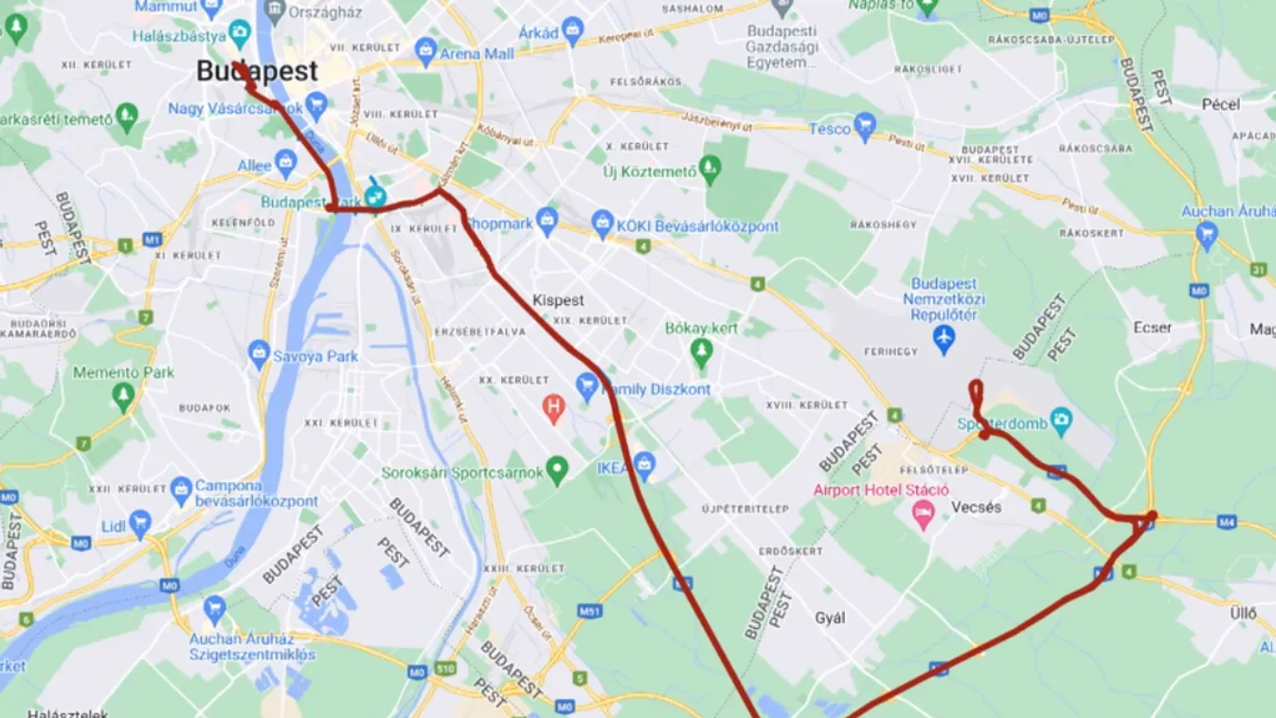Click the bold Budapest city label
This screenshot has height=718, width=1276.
click(257, 71)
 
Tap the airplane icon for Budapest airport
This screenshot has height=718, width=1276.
click(944, 338)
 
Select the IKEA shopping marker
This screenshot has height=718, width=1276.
click(644, 464)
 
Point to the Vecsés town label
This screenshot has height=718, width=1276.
click(975, 508)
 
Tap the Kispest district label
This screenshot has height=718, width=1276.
click(558, 300)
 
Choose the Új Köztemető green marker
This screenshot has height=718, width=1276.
click(710, 171)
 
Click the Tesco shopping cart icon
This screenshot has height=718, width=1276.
click(864, 126)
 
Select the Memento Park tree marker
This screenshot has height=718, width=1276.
click(123, 395)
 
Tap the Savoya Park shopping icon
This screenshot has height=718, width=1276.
click(259, 355)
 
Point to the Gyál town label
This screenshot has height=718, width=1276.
click(830, 618)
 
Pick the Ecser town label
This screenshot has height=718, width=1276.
click(1152, 328)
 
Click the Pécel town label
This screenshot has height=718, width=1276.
click(1220, 104)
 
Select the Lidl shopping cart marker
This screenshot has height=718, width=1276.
click(140, 522)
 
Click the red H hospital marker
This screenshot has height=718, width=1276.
click(553, 408)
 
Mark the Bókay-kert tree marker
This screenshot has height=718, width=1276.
click(701, 352)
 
